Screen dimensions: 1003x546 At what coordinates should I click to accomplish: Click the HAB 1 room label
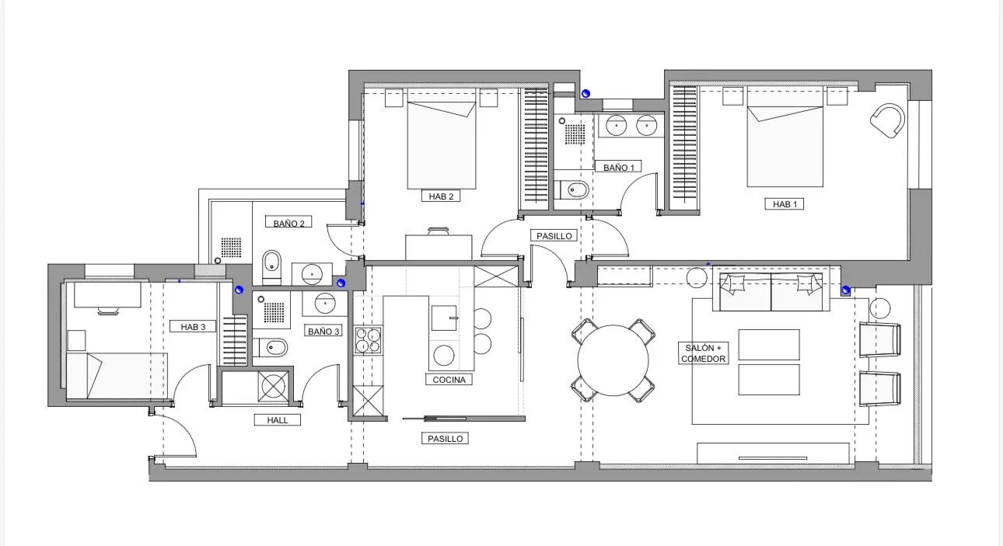pyautogui.click(x=785, y=204)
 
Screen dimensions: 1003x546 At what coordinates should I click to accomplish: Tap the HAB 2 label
pyautogui.click(x=441, y=196)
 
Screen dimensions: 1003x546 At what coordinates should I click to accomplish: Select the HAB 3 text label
pyautogui.click(x=193, y=326)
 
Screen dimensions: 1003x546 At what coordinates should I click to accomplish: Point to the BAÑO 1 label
pyautogui.click(x=618, y=167)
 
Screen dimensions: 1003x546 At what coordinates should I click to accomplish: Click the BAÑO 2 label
pyautogui.click(x=288, y=223)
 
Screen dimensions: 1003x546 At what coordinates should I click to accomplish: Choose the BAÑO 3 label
pyautogui.click(x=323, y=331)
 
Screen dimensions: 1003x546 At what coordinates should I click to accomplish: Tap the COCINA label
pyautogui.click(x=449, y=379)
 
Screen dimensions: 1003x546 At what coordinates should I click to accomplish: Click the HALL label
pyautogui.click(x=277, y=420)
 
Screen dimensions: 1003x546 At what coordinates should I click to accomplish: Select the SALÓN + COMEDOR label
pyautogui.click(x=703, y=353)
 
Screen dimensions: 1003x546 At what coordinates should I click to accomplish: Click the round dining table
pyautogui.click(x=613, y=360)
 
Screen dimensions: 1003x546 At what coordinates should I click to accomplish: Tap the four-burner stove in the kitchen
pyautogui.click(x=368, y=340)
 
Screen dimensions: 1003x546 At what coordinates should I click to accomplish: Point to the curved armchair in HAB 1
pyautogui.click(x=887, y=120)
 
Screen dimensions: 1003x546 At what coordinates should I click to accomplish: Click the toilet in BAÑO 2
pyautogui.click(x=271, y=267)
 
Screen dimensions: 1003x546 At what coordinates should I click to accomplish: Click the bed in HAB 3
pyautogui.click(x=117, y=376)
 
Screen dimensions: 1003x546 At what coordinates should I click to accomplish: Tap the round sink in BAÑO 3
pyautogui.click(x=325, y=304)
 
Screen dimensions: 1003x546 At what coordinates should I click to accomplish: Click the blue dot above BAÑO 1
pyautogui.click(x=585, y=93)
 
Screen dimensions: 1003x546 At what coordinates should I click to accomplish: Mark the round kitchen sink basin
pyautogui.click(x=444, y=356)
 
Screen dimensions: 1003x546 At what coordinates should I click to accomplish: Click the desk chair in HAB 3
pyautogui.click(x=108, y=311)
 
